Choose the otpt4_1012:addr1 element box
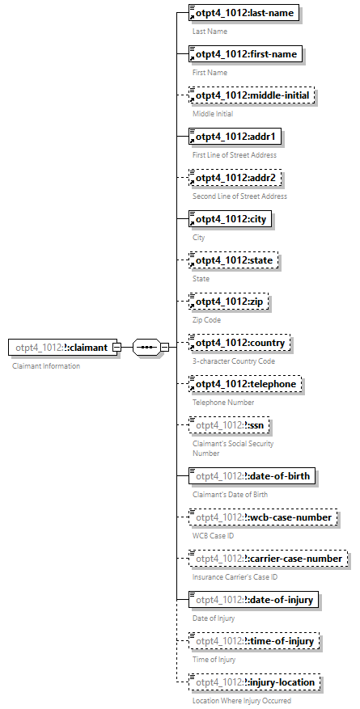coord(235,137)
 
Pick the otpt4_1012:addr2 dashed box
coord(235,178)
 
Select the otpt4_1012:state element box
coord(233,260)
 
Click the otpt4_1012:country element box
coord(239,343)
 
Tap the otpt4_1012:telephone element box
coord(245,384)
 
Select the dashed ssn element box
coord(230,425)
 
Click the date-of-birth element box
coord(252,475)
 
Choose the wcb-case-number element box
coord(261,517)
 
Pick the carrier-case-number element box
coord(268,558)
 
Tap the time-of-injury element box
coord(254,641)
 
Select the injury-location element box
coord(254,682)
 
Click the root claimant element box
coord(61,348)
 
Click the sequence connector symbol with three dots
coord(146,348)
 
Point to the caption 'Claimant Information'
coord(46,366)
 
